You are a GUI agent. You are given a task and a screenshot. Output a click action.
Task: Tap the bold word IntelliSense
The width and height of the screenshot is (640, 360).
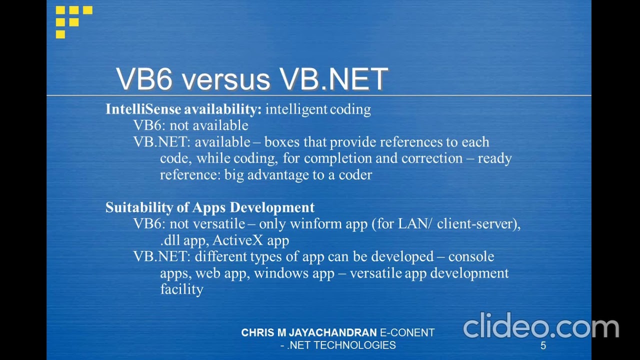coord(143,109)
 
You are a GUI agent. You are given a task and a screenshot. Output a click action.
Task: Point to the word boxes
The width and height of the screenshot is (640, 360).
coord(282,142)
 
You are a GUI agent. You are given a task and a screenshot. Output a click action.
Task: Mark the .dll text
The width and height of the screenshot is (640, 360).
coord(170,240)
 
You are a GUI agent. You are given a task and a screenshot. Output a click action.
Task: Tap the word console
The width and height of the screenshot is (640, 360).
coord(471,256)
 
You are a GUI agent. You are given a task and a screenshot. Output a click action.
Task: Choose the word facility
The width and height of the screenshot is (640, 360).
coord(181,289)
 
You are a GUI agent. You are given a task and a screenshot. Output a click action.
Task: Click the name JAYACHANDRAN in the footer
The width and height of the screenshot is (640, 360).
coord(333,332)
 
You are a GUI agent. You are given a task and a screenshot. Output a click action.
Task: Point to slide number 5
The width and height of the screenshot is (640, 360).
coord(543,345)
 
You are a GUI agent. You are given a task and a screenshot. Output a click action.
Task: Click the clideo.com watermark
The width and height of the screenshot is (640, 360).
coord(540,326)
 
